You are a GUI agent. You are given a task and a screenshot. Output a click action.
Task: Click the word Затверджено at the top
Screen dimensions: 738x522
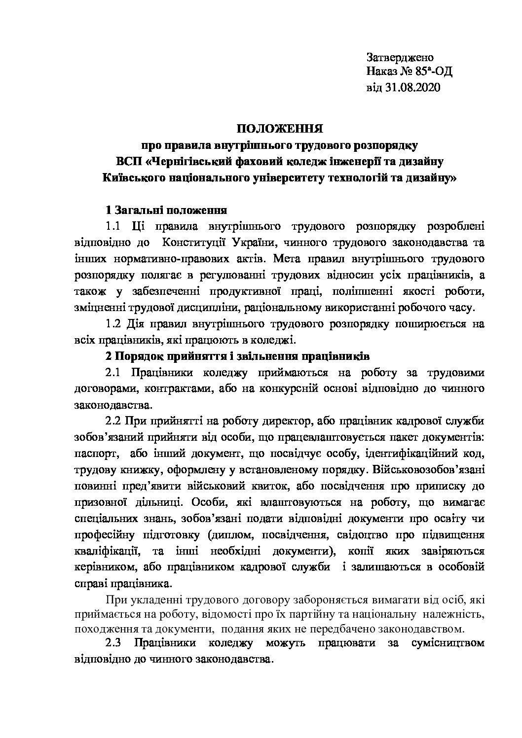(x=400, y=57)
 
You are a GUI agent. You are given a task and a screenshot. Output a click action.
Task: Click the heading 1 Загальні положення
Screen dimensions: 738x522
(x=166, y=210)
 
